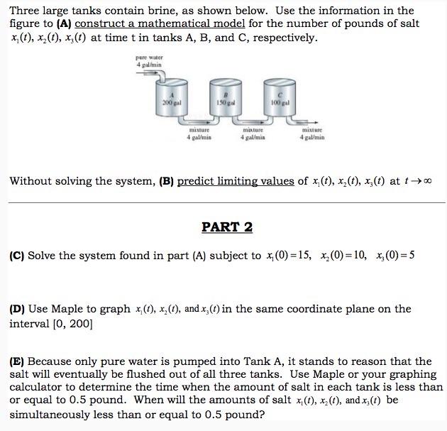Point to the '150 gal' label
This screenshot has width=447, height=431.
tap(226, 103)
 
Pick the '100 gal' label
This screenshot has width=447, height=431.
tap(279, 103)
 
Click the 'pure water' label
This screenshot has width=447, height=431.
tap(150, 58)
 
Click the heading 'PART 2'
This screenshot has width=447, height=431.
tap(227, 227)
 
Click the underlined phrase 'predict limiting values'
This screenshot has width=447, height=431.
tap(236, 181)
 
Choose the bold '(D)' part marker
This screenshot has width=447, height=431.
tap(17, 309)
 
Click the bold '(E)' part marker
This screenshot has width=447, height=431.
tap(17, 361)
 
